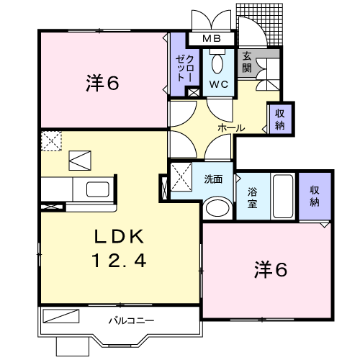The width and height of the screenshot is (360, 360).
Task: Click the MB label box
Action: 211,38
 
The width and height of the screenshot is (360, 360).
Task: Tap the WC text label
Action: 218,84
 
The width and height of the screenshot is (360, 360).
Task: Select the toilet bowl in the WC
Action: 217,63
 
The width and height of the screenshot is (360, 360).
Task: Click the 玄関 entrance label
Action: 247,63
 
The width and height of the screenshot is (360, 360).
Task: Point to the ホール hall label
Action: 231,128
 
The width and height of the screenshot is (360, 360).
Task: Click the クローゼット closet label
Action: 184,68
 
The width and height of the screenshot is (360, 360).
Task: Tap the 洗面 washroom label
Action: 213,179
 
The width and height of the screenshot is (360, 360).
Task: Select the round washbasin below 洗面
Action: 217,208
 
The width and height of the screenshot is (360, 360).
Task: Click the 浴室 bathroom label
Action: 253,198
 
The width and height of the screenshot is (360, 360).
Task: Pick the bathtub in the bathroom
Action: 283,196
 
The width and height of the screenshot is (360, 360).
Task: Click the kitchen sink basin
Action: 98,189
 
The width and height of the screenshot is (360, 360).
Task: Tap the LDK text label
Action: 120,237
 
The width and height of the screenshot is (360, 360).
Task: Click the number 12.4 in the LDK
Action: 119,261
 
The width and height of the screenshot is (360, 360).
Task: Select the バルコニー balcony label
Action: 131,320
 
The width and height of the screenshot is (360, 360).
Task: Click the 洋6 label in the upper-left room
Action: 102,83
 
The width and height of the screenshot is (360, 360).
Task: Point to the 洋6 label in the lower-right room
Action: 271,269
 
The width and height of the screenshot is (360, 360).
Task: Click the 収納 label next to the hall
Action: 280,119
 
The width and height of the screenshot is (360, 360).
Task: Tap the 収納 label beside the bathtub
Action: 315,196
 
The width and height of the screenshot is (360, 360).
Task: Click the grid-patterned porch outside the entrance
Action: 259,24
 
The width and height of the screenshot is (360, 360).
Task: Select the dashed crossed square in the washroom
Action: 181,177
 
